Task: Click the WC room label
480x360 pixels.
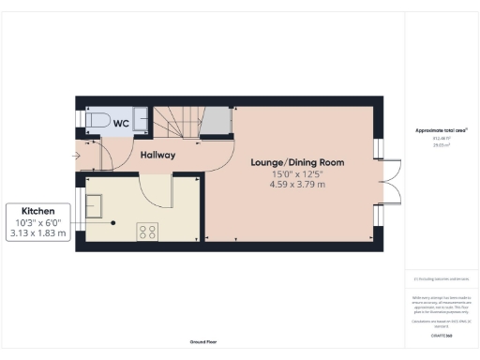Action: coord(122,123)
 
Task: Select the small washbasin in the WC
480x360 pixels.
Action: coord(142,120)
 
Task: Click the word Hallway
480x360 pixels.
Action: coord(157,156)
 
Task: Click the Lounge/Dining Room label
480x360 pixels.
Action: coord(297,162)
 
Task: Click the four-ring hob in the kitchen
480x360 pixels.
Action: coord(147,231)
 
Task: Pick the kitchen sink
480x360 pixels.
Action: coord(96,202)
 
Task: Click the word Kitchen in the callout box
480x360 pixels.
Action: coord(38,211)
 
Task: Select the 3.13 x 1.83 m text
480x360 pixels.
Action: coord(38,233)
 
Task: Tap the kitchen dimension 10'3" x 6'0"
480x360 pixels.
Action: coord(38,222)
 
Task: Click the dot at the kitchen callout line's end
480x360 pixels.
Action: coord(113,223)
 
